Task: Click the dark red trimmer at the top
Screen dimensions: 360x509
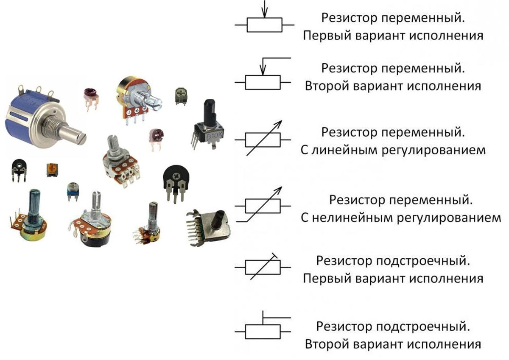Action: [90, 95]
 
